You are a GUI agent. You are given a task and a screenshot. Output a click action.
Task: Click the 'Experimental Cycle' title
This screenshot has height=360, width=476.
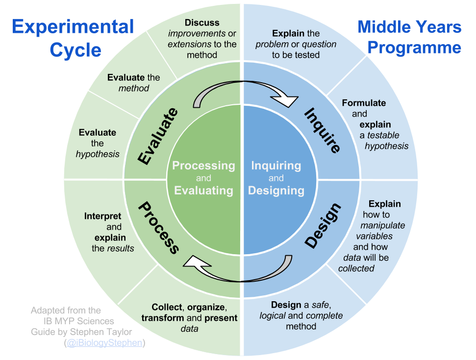[x=73, y=38]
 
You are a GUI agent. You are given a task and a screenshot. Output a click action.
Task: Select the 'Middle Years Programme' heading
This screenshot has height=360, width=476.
[x=409, y=37]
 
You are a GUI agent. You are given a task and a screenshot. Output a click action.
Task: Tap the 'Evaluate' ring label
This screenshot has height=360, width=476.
[x=157, y=136]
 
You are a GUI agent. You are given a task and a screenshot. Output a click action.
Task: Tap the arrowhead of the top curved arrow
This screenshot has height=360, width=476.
[x=287, y=101]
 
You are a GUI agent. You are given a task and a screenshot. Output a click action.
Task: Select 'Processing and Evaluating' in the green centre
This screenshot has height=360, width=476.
[x=203, y=178]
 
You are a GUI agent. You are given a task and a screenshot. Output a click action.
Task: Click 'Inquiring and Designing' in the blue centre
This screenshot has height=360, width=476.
[x=276, y=178]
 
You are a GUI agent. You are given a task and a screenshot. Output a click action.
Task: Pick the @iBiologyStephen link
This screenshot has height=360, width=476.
[x=104, y=342]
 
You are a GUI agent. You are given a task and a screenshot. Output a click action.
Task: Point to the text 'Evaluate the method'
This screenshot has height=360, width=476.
[x=134, y=83]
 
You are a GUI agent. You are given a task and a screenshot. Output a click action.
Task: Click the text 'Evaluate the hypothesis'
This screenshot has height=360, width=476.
[x=98, y=143]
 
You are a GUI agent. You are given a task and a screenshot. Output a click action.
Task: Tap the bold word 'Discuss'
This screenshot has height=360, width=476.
[x=202, y=23]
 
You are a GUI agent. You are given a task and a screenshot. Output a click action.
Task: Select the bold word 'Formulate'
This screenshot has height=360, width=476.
[x=364, y=103]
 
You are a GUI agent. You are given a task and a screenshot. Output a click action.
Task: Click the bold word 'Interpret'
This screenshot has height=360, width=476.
[x=102, y=216]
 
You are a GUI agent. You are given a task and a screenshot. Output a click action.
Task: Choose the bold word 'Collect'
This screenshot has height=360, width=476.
[x=167, y=307]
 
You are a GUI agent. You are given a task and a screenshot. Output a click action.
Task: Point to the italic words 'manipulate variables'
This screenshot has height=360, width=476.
[x=382, y=231]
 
